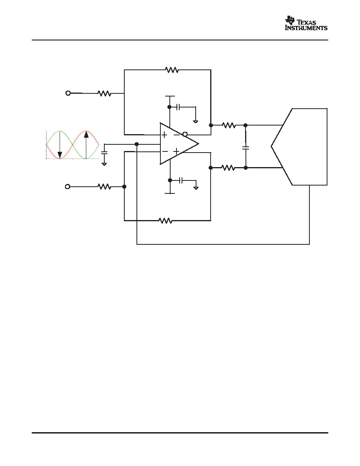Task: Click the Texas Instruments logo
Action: pyautogui.click(x=306, y=23)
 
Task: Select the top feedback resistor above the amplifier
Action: pyautogui.click(x=172, y=70)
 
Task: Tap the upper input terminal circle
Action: pyautogui.click(x=68, y=93)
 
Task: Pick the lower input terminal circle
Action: pyautogui.click(x=68, y=187)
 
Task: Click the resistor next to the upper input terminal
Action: pyautogui.click(x=104, y=93)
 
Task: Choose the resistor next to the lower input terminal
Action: pyautogui.click(x=104, y=187)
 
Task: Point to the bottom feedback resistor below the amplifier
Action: pyautogui.click(x=165, y=220)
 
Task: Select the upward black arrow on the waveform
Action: pyautogui.click(x=86, y=145)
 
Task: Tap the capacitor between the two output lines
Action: pyautogui.click(x=245, y=147)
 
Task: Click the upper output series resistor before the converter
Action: pyautogui.click(x=229, y=126)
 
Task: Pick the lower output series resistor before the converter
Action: pyautogui.click(x=228, y=168)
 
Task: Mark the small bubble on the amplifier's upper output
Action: pyautogui.click(x=185, y=134)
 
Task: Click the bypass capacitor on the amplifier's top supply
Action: pyautogui.click(x=178, y=107)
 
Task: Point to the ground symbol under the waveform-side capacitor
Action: pyautogui.click(x=104, y=164)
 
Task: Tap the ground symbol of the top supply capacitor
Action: pyautogui.click(x=195, y=121)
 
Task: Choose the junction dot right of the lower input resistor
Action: pyautogui.click(x=124, y=187)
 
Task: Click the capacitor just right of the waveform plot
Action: pyautogui.click(x=104, y=153)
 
